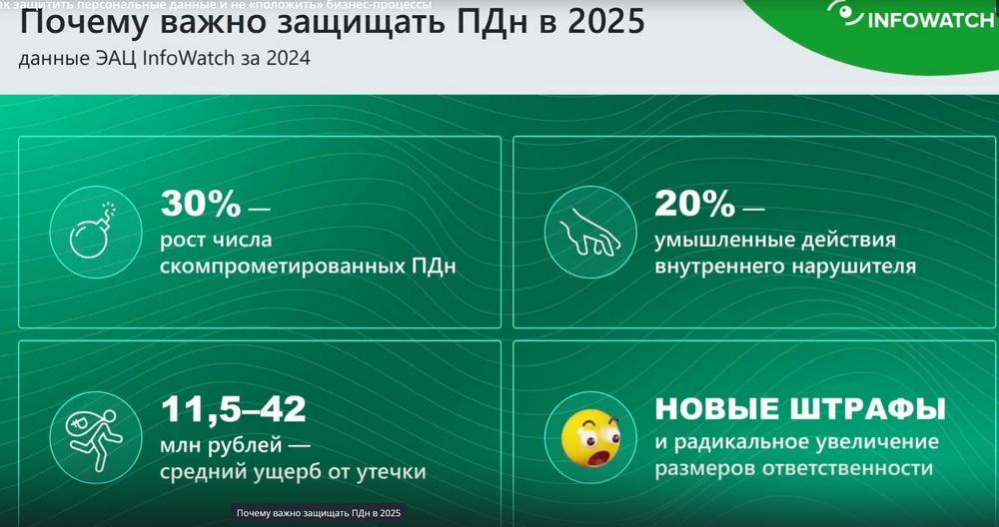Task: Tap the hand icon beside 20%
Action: point(590,233)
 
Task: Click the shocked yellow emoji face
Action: point(590,438)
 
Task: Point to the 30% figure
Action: point(201,204)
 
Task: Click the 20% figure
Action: point(695,204)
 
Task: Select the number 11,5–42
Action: point(233,409)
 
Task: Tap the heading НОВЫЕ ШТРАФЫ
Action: point(799,408)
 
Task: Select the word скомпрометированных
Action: point(280,266)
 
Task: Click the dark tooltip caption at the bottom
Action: point(319,513)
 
